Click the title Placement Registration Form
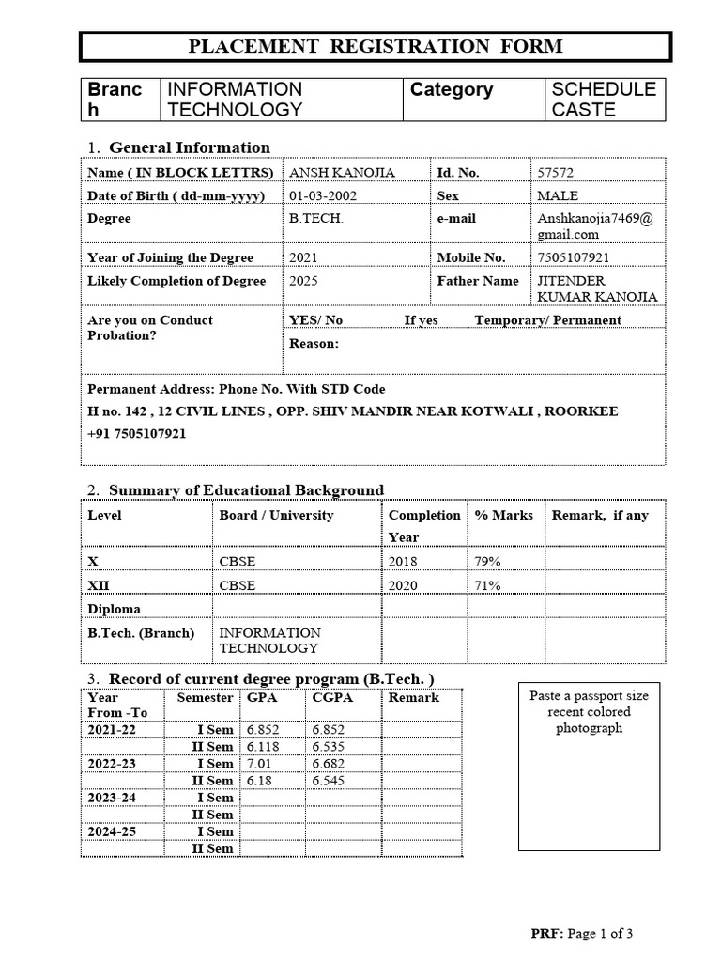(376, 46)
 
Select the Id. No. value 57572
(555, 173)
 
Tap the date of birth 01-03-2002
(323, 195)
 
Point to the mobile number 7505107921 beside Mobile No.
(574, 257)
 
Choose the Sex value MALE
(558, 195)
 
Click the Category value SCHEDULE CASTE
(604, 100)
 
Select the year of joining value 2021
(304, 257)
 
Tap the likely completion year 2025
(304, 281)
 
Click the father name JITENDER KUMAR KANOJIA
(596, 289)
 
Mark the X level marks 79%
(487, 562)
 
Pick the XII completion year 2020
(403, 585)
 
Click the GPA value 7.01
(258, 764)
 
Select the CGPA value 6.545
(329, 781)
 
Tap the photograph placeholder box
(589, 767)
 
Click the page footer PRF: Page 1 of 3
(582, 933)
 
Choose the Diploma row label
(114, 609)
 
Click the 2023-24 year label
(112, 798)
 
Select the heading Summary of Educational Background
(246, 490)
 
